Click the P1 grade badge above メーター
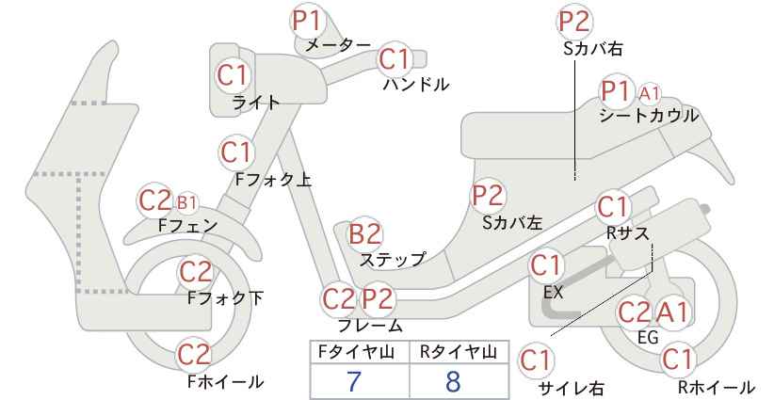(x=308, y=21)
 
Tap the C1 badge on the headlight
(x=233, y=75)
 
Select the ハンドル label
(x=416, y=85)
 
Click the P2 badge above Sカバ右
(x=574, y=22)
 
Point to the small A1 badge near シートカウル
(x=649, y=92)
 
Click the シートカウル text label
(x=649, y=116)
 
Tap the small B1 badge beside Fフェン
(x=186, y=201)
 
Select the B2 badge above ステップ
(x=365, y=234)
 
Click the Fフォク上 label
(x=273, y=180)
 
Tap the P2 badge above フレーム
(x=378, y=299)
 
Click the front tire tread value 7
(x=353, y=381)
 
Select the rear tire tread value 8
(x=452, y=381)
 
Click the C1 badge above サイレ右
(x=536, y=361)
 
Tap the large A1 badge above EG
(x=671, y=312)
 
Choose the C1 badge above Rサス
(x=613, y=207)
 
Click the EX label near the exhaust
(x=553, y=293)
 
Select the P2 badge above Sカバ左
(x=488, y=196)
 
